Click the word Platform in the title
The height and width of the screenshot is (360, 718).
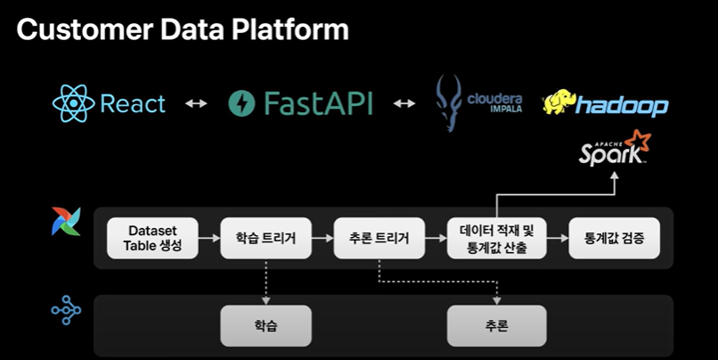(x=290, y=29)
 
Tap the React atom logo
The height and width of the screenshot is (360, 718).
(x=73, y=103)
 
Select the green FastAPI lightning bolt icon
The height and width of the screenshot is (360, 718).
(x=241, y=103)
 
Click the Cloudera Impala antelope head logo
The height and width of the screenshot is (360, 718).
(x=448, y=103)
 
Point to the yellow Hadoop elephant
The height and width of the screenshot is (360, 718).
(x=559, y=102)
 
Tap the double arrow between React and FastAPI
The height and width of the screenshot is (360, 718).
(x=196, y=103)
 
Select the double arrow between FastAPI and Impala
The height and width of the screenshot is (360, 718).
(x=404, y=103)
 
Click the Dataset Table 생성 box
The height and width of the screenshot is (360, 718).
(x=152, y=238)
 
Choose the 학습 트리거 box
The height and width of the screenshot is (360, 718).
(x=265, y=238)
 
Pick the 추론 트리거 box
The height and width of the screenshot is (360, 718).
(x=379, y=238)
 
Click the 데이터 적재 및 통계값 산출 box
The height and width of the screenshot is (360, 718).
(x=496, y=238)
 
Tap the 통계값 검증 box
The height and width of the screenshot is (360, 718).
(x=614, y=238)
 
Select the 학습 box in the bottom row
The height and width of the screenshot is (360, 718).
(x=265, y=325)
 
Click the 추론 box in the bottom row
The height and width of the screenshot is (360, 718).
(x=496, y=325)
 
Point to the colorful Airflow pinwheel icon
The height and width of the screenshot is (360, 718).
(x=67, y=222)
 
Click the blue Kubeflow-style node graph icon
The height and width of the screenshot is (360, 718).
(x=67, y=310)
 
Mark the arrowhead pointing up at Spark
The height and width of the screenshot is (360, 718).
(x=615, y=176)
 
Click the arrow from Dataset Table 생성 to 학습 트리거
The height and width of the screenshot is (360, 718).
(x=209, y=238)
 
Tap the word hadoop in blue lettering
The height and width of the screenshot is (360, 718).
(x=622, y=105)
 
